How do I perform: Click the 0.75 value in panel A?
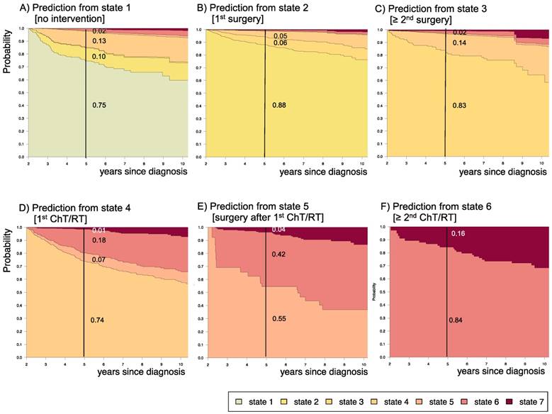[99, 106]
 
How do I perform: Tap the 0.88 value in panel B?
[279, 106]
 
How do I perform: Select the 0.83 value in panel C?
[460, 106]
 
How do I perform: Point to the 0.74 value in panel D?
[98, 320]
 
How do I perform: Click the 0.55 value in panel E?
[279, 320]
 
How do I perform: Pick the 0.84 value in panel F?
[456, 320]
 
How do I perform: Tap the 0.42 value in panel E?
[279, 253]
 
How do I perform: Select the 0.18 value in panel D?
[99, 241]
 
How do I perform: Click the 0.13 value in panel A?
[99, 41]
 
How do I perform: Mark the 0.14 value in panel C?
[460, 43]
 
